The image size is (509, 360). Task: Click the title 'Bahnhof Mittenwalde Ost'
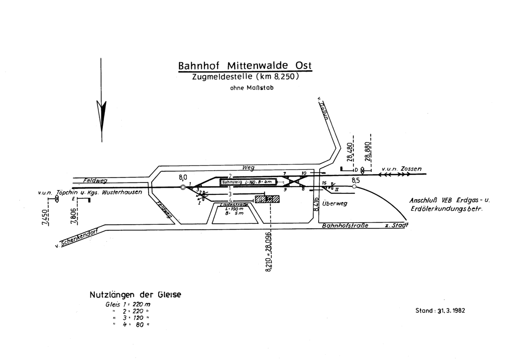click(x=245, y=66)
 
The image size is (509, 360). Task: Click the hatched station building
click(x=267, y=199)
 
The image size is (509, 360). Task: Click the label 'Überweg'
click(x=335, y=203)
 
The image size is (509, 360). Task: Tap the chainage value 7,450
click(x=45, y=217)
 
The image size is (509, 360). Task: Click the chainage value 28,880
click(x=367, y=150)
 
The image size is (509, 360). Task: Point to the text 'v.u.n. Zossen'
click(x=401, y=170)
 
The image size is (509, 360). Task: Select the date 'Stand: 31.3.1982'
click(x=440, y=311)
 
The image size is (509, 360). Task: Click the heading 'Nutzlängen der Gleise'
click(x=135, y=294)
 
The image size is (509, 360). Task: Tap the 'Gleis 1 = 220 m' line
click(x=128, y=304)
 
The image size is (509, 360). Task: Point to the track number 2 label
click(x=230, y=176)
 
